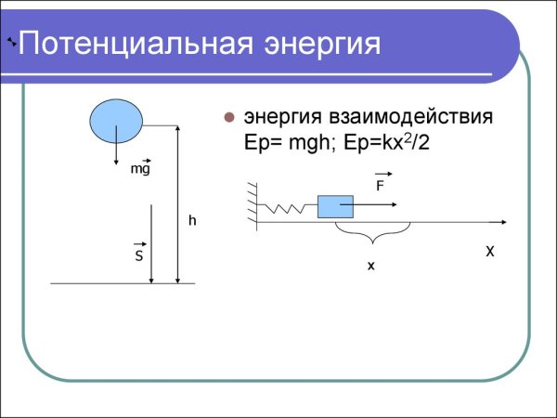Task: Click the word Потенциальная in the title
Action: pyautogui.click(x=136, y=44)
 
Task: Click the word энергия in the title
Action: pyautogui.click(x=322, y=44)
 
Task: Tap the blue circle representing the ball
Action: pyautogui.click(x=116, y=119)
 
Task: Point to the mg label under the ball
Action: pyautogui.click(x=139, y=169)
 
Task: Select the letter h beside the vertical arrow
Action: pyautogui.click(x=192, y=221)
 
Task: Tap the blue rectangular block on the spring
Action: pyautogui.click(x=335, y=206)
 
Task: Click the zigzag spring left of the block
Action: pyautogui.click(x=288, y=208)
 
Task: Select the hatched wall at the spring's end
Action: pyautogui.click(x=252, y=204)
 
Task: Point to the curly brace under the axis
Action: pyautogui.click(x=371, y=230)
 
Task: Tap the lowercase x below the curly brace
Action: pyautogui.click(x=370, y=266)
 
